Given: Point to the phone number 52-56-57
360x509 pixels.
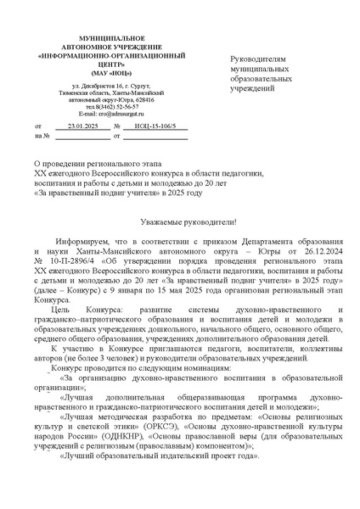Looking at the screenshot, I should point(109,106).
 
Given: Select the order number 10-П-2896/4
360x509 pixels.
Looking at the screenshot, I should point(73,239).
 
